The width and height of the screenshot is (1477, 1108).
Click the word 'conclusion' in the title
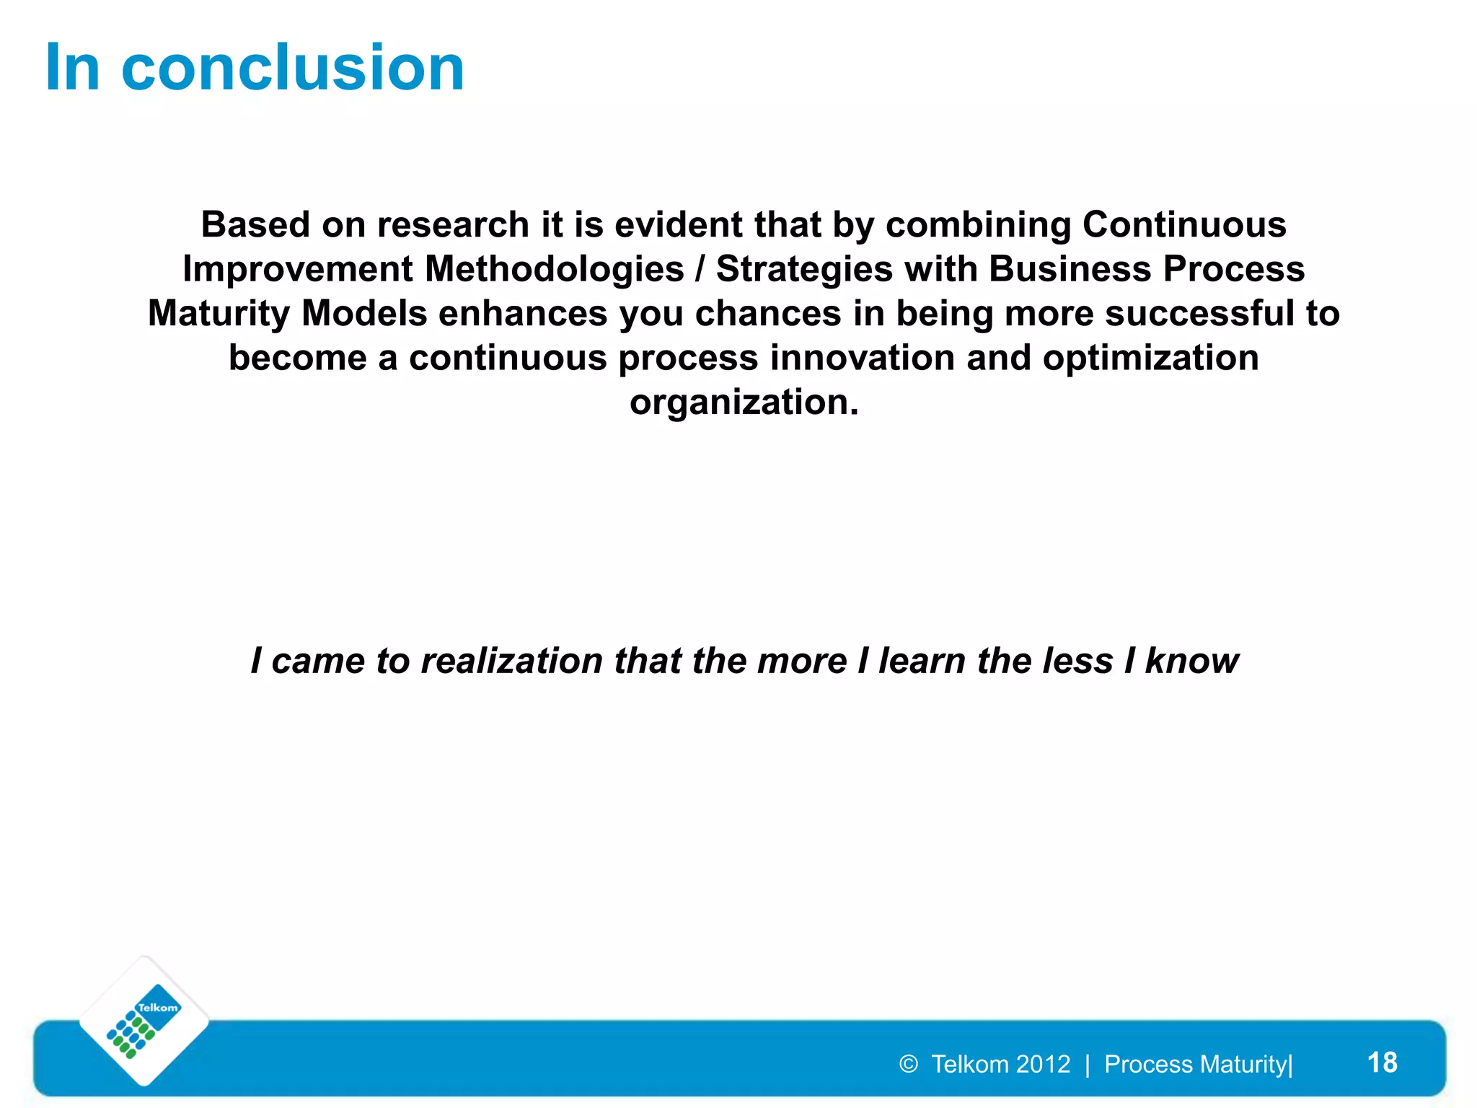click(x=293, y=68)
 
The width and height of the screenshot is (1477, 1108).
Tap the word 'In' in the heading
click(x=72, y=68)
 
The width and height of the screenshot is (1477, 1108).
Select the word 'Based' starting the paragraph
click(x=255, y=224)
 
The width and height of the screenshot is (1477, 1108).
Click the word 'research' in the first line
click(x=453, y=224)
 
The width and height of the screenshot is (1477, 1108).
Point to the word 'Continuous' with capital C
click(x=1184, y=224)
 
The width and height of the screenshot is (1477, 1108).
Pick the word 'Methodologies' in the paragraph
click(x=554, y=269)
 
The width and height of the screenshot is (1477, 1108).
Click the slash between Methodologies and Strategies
click(x=700, y=269)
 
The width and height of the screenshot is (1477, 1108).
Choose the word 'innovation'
click(x=863, y=358)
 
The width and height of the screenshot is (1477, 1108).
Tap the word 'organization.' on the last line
click(x=744, y=403)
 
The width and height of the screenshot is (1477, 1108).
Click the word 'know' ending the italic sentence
click(x=1191, y=661)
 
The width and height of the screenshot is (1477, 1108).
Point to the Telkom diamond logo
click(x=144, y=1021)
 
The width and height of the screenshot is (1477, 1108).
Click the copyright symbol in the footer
click(x=909, y=1064)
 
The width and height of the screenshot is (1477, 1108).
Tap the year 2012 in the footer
click(x=1044, y=1064)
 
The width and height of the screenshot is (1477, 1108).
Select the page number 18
click(x=1382, y=1063)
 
